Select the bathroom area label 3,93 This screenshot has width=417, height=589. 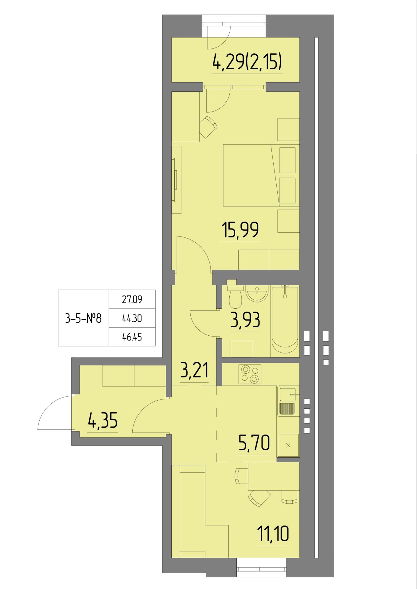[245, 320]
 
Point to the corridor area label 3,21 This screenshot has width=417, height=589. [194, 370]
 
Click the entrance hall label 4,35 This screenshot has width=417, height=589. [103, 420]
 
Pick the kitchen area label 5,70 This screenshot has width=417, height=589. [254, 443]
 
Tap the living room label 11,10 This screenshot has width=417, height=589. [273, 534]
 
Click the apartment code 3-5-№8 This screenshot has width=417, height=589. [83, 318]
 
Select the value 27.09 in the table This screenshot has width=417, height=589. [132, 299]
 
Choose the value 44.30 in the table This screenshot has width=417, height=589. [132, 318]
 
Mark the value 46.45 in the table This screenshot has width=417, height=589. [132, 337]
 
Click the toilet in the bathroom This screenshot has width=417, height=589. [236, 296]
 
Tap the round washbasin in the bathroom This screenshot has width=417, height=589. [257, 294]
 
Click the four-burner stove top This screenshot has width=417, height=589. [250, 374]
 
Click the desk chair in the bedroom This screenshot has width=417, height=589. [208, 127]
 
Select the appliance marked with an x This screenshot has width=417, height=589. [288, 445]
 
